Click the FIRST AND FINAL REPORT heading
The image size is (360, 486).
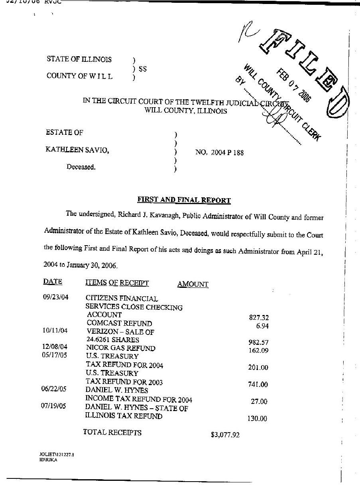click(x=184, y=200)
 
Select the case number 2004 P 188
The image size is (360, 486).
click(x=219, y=152)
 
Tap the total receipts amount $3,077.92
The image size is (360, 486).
click(x=225, y=435)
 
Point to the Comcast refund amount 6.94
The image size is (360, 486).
click(x=262, y=326)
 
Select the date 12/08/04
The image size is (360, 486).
click(x=55, y=347)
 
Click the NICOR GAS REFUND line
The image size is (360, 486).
click(x=121, y=348)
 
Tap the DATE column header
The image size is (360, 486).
click(x=53, y=282)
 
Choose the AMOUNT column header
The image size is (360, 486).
click(x=193, y=284)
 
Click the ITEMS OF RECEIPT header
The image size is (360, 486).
click(x=117, y=283)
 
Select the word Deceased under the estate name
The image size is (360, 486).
click(x=81, y=167)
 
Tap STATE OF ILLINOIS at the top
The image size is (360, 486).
click(x=79, y=59)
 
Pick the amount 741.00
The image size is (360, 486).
click(x=258, y=385)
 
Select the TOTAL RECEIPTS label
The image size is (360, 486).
click(x=112, y=432)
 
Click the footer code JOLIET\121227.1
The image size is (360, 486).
click(x=56, y=454)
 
